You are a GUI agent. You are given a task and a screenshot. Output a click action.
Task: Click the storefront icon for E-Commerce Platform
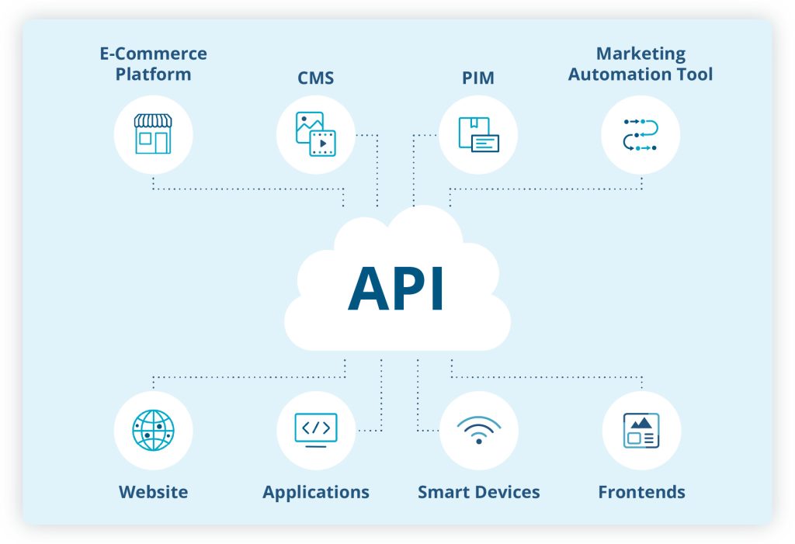(153, 134)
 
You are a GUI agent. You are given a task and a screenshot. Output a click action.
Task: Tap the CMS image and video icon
(315, 134)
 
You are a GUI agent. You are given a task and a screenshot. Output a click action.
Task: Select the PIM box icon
(478, 134)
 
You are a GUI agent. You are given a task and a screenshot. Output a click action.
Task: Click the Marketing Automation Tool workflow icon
(641, 134)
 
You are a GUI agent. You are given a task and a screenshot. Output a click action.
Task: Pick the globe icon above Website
(153, 430)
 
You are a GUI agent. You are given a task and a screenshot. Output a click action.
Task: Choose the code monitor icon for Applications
(315, 430)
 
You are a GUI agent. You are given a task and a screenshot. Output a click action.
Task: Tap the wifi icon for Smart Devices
(478, 430)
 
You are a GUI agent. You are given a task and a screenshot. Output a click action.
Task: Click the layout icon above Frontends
(641, 430)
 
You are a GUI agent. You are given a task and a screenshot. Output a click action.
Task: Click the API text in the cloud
(397, 289)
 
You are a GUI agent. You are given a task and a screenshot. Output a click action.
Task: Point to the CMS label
(315, 78)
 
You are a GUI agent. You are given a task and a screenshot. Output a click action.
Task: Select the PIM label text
(477, 78)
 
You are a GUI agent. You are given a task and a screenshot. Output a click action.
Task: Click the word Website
(153, 492)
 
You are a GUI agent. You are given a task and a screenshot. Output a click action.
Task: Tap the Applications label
(316, 492)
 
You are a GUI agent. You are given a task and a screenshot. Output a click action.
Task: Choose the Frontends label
(641, 492)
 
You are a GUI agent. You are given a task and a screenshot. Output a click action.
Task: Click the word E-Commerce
(153, 54)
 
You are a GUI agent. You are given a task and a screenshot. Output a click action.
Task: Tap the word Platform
(153, 74)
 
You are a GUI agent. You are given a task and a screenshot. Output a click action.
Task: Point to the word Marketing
(641, 54)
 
